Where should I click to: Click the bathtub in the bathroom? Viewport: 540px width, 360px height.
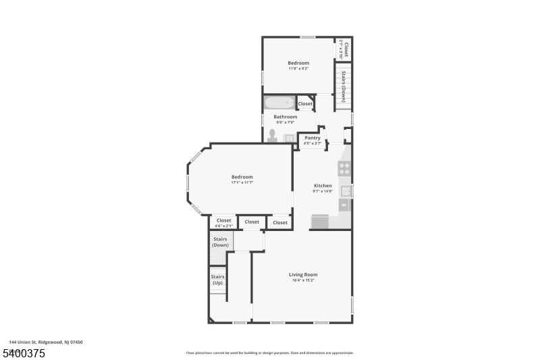[279, 104]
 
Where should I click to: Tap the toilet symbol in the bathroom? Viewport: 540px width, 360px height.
[273, 135]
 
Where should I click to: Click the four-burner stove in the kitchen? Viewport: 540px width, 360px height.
[344, 169]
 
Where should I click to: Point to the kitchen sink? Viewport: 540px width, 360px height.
[344, 191]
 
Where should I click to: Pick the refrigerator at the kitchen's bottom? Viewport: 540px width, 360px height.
[319, 222]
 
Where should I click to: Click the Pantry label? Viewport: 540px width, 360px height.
[312, 138]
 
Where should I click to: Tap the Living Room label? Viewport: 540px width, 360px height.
[303, 274]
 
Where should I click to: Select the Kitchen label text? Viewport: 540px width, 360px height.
[323, 185]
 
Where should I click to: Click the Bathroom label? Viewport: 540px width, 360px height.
[285, 117]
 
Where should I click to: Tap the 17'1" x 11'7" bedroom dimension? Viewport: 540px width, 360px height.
[242, 182]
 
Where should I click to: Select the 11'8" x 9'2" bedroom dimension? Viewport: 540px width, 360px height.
[298, 68]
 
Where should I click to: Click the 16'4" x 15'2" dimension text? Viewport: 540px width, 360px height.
[303, 280]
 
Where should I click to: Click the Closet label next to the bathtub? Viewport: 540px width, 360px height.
[305, 103]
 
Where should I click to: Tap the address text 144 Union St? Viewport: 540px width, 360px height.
[46, 342]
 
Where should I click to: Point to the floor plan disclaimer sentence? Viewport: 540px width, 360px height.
[270, 353]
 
